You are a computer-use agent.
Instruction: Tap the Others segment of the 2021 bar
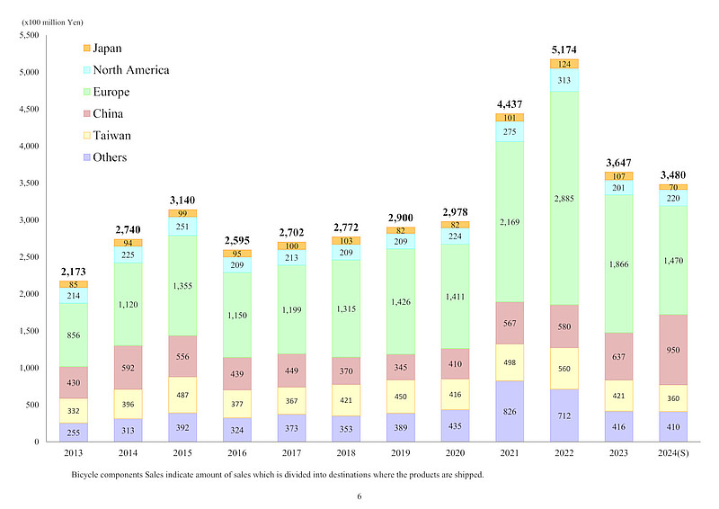click(x=510, y=411)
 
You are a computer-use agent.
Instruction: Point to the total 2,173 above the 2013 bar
click(x=74, y=271)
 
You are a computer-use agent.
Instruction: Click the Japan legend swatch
click(x=87, y=49)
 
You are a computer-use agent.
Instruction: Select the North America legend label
click(x=131, y=70)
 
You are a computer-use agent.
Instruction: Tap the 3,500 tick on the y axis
click(x=30, y=183)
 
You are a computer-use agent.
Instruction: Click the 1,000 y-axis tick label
click(x=30, y=368)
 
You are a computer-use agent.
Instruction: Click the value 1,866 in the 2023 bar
click(x=619, y=263)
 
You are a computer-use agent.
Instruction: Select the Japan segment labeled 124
click(x=566, y=64)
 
